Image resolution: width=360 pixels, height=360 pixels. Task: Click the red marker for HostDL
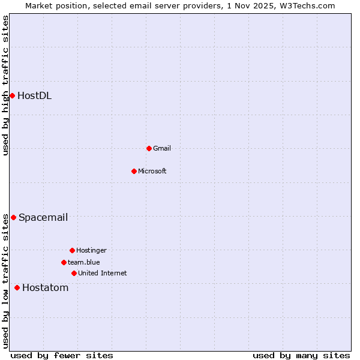pyautogui.click(x=12, y=95)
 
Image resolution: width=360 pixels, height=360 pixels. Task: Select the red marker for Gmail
pyautogui.click(x=149, y=148)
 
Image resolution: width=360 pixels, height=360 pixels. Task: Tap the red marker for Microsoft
pyautogui.click(x=134, y=171)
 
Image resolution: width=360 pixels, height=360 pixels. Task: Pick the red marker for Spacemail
pyautogui.click(x=13, y=217)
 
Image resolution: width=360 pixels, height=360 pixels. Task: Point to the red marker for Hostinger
pyautogui.click(x=72, y=250)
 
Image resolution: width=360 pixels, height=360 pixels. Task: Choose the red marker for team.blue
pyautogui.click(x=64, y=262)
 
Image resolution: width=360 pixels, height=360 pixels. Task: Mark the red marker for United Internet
pyautogui.click(x=74, y=273)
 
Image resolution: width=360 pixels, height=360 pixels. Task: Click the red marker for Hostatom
pyautogui.click(x=17, y=288)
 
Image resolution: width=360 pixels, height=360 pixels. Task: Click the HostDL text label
pyautogui.click(x=34, y=95)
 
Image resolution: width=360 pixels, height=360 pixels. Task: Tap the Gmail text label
pyautogui.click(x=162, y=148)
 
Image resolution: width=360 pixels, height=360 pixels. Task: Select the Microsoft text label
pyautogui.click(x=152, y=171)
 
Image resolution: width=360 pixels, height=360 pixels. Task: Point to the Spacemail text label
pyautogui.click(x=43, y=217)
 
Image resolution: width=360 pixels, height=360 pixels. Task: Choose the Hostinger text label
pyautogui.click(x=91, y=250)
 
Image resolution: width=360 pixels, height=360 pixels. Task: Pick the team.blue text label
pyautogui.click(x=84, y=262)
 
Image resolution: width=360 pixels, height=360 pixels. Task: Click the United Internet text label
pyautogui.click(x=103, y=273)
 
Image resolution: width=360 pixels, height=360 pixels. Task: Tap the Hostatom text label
pyautogui.click(x=46, y=288)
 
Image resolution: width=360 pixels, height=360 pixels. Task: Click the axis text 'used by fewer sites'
pyautogui.click(x=62, y=355)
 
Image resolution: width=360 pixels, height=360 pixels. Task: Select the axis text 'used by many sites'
pyautogui.click(x=301, y=355)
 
